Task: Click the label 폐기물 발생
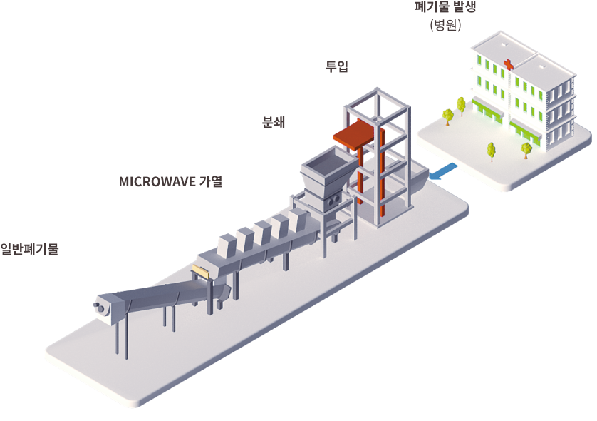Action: click(x=445, y=7)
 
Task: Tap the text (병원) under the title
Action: click(x=445, y=25)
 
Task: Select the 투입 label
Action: click(x=336, y=66)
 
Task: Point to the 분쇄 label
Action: click(x=274, y=122)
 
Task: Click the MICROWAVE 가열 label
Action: click(x=170, y=181)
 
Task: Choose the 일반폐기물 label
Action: click(x=29, y=249)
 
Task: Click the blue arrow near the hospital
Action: click(x=443, y=171)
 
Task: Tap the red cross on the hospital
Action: click(x=508, y=64)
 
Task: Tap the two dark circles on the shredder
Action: click(x=334, y=201)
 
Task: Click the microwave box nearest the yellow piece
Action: click(x=228, y=245)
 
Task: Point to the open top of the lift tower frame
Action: click(x=378, y=103)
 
